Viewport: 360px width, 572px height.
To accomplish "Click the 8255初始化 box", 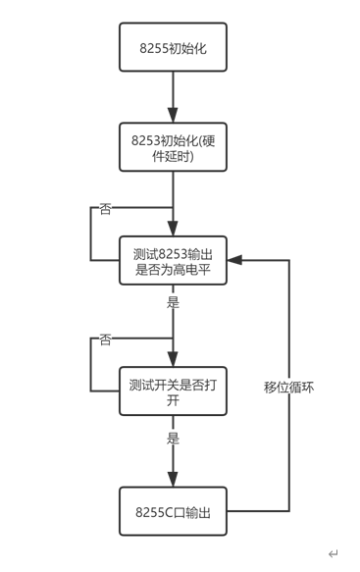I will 173,47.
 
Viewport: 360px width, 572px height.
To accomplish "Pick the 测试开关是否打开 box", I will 173,391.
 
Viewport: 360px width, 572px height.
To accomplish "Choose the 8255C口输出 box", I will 173,511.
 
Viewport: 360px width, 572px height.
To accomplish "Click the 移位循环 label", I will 289,387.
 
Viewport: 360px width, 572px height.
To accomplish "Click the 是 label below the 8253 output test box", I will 173,302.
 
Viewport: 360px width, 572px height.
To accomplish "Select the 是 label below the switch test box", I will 173,438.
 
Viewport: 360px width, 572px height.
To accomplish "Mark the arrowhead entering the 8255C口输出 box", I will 173,480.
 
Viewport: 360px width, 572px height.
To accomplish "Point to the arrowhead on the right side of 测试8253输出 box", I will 232,261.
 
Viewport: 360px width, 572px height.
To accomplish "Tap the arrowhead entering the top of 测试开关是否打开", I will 173,361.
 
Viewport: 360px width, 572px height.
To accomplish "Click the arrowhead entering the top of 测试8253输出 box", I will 173,231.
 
